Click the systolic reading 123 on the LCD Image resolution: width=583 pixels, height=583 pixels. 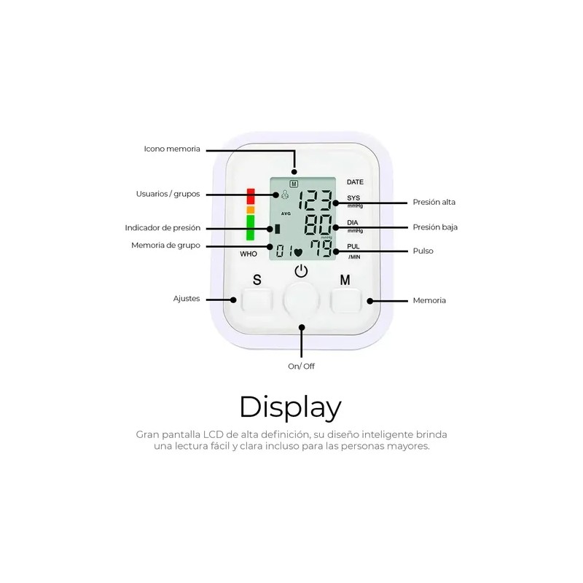tap(316, 200)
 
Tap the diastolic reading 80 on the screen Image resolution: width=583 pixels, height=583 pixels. tap(318, 225)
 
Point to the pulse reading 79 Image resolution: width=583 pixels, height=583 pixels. tap(321, 249)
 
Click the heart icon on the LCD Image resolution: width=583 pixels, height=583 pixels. tap(298, 253)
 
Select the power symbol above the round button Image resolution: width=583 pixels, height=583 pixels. tap(301, 271)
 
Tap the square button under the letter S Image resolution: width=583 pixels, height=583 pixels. tap(257, 300)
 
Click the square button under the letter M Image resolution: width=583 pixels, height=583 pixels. tap(345, 300)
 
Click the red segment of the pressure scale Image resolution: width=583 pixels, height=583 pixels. tap(251, 196)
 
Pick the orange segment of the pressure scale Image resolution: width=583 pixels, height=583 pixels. tap(251, 210)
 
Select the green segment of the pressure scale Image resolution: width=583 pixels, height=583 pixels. tap(251, 227)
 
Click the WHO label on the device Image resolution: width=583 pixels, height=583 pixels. tap(249, 254)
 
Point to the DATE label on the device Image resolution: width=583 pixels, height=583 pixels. tap(355, 182)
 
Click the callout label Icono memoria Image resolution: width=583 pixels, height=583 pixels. tap(172, 149)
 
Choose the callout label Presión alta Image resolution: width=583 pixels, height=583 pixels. tap(434, 203)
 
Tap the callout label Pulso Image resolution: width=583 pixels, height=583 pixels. tap(423, 251)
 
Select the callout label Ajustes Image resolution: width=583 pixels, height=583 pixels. tap(187, 299)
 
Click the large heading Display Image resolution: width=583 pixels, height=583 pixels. tap(290, 408)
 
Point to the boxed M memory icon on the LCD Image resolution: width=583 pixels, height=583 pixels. tap(294, 184)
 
